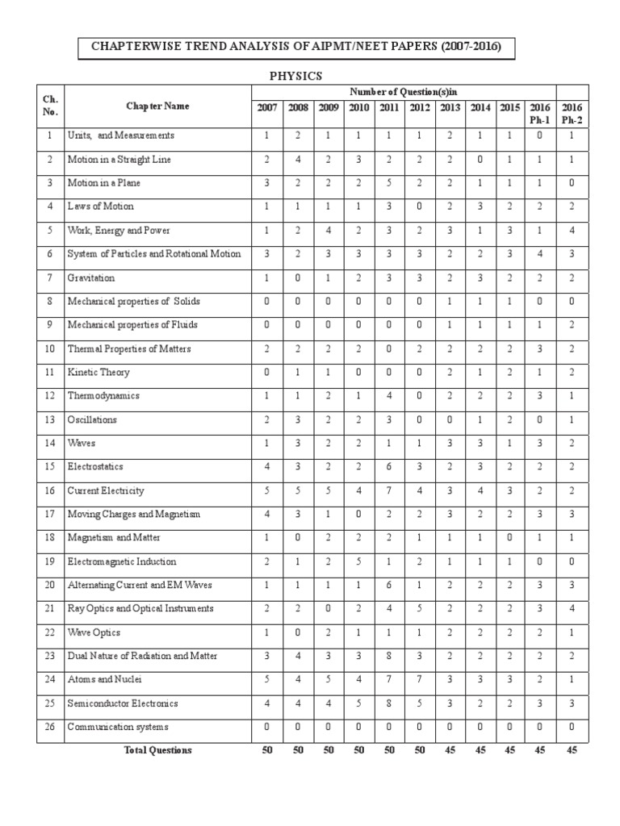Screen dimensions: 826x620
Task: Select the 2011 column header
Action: tap(389, 107)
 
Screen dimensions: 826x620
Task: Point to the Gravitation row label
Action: tap(91, 277)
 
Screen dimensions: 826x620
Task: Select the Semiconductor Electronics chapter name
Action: tap(123, 703)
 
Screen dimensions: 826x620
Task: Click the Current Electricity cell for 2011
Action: tap(389, 490)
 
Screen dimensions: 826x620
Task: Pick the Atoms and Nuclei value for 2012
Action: tap(419, 679)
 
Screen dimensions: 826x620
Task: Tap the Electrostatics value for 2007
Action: tap(267, 467)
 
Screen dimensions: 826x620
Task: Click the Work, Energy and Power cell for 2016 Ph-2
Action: tap(572, 231)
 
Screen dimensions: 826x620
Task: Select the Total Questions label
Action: tap(157, 750)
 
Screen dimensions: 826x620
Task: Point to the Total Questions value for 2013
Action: tap(450, 750)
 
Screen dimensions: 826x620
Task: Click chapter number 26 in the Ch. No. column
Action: tap(50, 727)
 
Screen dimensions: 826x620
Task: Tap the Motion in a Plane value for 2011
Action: tap(389, 183)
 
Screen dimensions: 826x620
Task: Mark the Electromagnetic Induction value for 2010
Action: tap(359, 561)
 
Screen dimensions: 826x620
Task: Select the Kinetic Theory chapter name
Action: tap(98, 373)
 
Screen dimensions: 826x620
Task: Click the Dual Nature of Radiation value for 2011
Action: tap(389, 656)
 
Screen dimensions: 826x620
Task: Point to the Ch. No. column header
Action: tap(50, 106)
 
